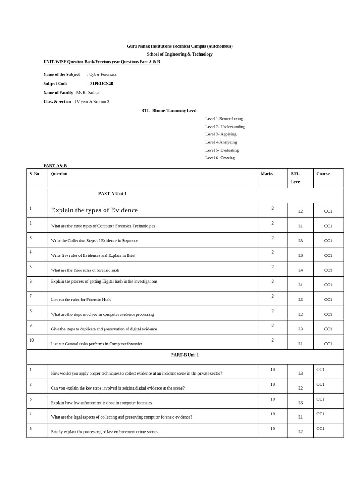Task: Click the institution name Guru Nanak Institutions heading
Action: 180,46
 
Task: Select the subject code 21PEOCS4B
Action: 102,84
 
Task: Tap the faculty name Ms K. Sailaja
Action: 88,93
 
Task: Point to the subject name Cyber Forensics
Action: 103,75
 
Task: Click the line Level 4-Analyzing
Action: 221,142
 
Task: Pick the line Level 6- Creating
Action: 220,158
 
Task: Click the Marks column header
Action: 267,174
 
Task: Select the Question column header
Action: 59,174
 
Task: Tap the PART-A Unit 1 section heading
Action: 112,194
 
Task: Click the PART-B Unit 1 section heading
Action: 185,355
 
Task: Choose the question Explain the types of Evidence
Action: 94,210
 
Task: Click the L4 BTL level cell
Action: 300,270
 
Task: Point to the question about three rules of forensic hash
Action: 85,270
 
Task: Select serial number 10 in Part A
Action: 31,340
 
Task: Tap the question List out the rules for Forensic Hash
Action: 81,300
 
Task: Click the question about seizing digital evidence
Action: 118,388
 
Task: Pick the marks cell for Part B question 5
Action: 272,429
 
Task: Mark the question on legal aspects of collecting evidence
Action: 121,417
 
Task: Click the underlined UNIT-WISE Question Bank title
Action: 102,62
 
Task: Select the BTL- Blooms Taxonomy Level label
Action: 170,111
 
